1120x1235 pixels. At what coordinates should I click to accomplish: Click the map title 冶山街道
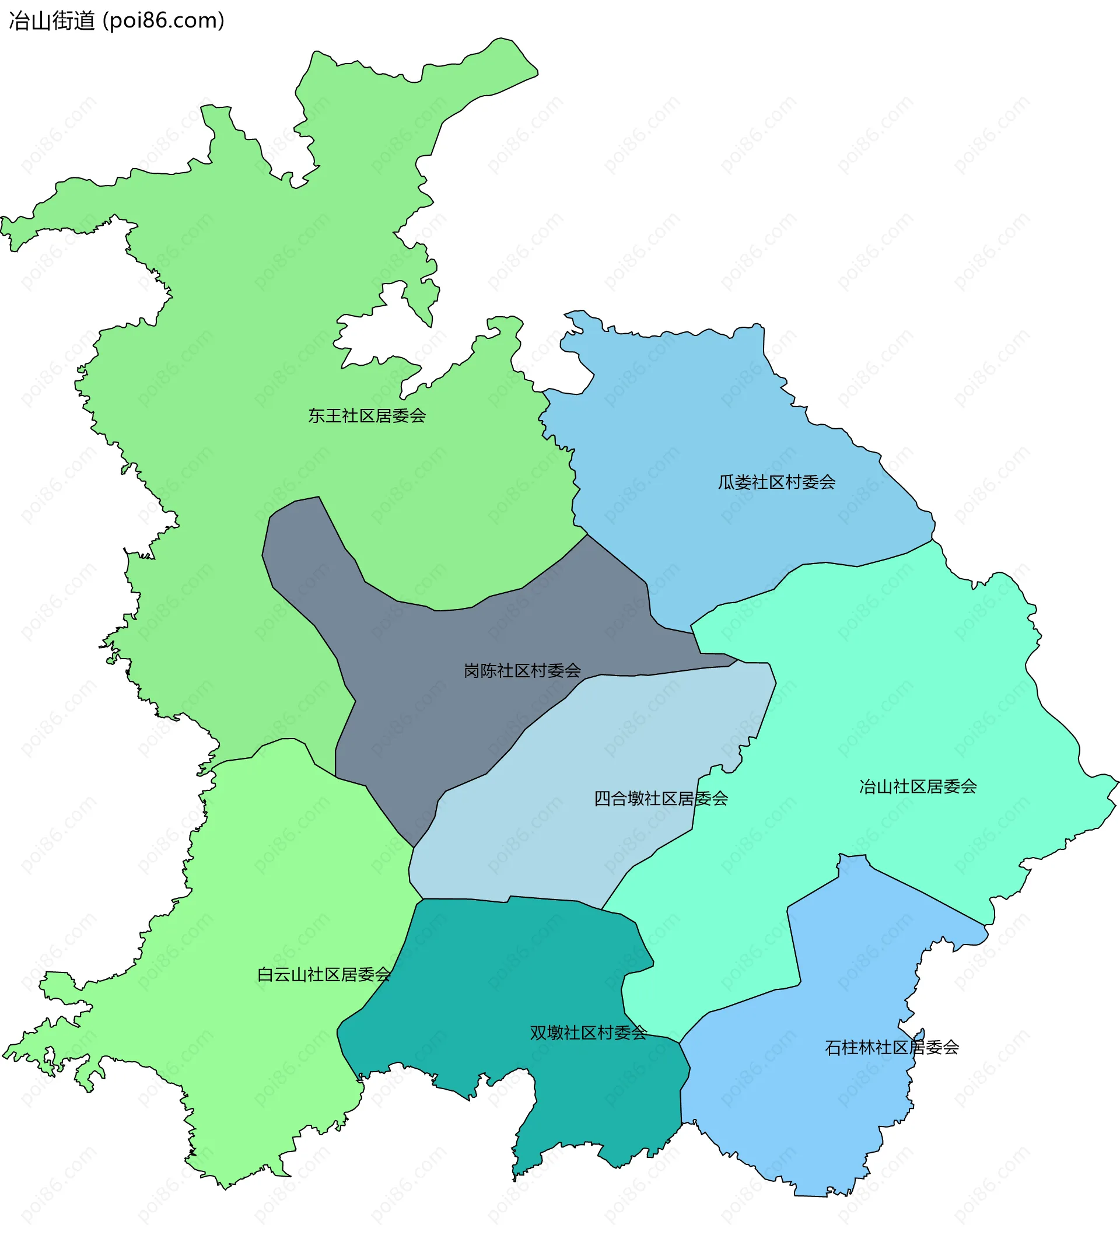pos(52,21)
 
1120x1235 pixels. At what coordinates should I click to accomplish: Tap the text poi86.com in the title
pos(163,21)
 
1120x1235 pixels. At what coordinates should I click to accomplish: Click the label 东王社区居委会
pos(366,416)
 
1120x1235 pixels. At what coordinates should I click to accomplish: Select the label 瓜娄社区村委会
pos(776,482)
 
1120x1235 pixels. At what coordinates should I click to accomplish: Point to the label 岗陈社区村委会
pos(522,671)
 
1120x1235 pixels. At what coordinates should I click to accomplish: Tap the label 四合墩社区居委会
pos(660,798)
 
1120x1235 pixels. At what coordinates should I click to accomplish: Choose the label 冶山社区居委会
pos(917,786)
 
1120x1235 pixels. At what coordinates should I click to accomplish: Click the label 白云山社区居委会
pos(324,974)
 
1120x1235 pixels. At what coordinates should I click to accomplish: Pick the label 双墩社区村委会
pos(588,1033)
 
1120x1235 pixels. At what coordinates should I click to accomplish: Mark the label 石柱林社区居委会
pos(891,1048)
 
